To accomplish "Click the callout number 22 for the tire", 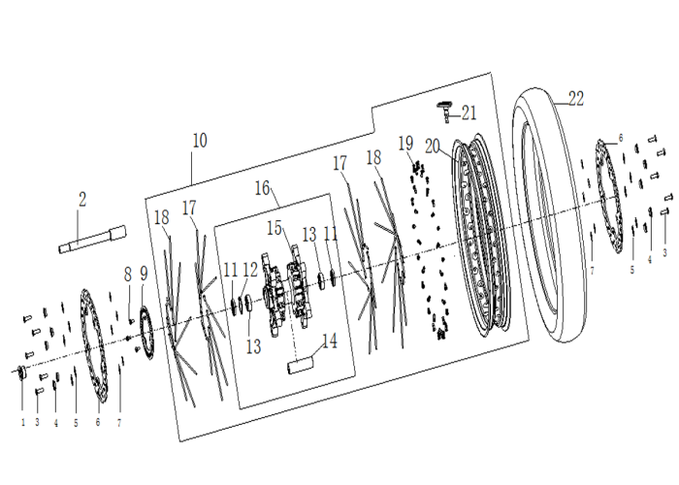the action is [x=576, y=99].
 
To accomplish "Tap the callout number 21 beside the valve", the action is [x=469, y=113].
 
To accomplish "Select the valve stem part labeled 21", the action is [x=444, y=110].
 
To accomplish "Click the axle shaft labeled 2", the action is [x=92, y=239].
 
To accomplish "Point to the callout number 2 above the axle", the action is [x=82, y=199].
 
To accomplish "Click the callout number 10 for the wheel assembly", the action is [x=200, y=141].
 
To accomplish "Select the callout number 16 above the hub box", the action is [x=263, y=188].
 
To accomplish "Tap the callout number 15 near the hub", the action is [x=275, y=228].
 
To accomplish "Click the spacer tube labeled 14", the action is [x=300, y=363].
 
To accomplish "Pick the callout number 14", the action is [x=330, y=340].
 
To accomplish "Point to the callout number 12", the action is [x=250, y=270].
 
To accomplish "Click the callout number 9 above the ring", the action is [x=144, y=274].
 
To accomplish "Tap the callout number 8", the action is [x=127, y=275].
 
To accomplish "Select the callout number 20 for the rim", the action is [x=433, y=146].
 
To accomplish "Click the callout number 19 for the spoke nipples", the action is [x=405, y=144].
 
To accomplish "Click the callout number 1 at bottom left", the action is [x=23, y=422].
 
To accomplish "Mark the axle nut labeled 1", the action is [x=21, y=372].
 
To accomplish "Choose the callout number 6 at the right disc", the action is [x=621, y=138].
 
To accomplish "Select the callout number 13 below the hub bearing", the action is [x=254, y=346].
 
